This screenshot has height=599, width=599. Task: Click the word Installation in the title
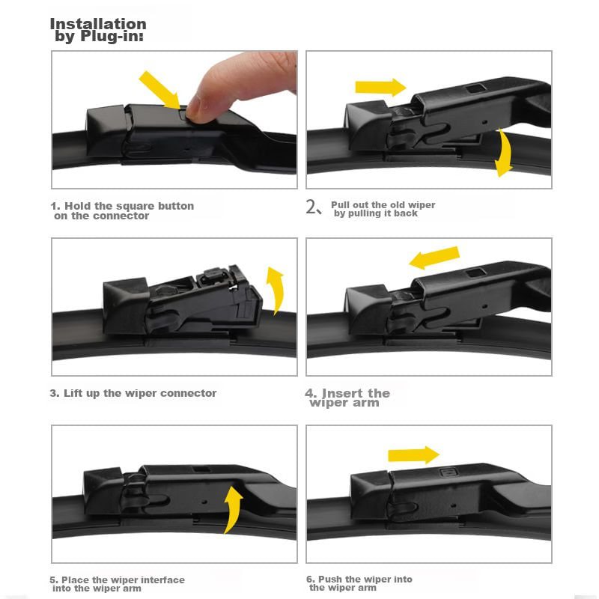98,24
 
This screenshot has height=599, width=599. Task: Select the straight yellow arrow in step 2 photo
380,88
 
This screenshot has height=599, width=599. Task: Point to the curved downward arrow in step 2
505,153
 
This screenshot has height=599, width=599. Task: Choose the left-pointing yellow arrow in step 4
434,257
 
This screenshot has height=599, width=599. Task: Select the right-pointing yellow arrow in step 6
414,455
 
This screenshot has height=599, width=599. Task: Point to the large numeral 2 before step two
311,207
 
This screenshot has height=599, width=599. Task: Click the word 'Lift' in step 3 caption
73,393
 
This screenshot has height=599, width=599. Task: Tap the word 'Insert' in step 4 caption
343,393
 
